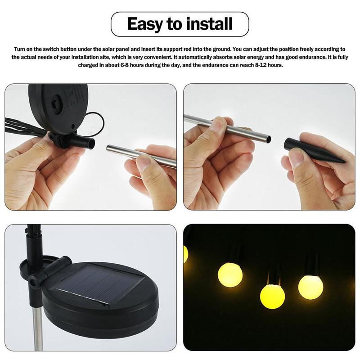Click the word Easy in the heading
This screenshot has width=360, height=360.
(x=145, y=24)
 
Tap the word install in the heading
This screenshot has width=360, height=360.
(x=209, y=24)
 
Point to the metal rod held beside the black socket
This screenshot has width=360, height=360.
(x=135, y=154)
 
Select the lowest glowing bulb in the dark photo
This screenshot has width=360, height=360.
(x=272, y=297)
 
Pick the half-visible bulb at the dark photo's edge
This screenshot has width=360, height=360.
(x=185, y=254)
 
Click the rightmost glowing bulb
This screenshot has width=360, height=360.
(x=310, y=287)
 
